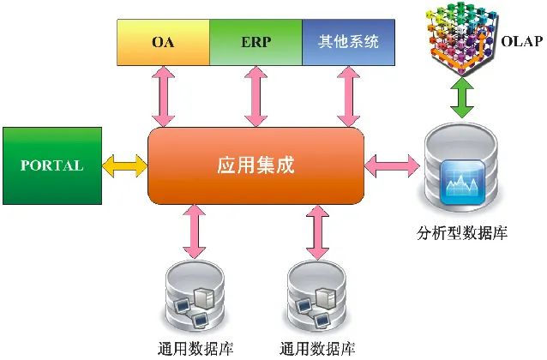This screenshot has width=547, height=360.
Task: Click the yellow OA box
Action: [162, 43]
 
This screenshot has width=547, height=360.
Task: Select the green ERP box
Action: [255, 43]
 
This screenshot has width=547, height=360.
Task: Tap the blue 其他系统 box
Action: [347, 43]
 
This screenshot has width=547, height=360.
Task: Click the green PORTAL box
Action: [51, 165]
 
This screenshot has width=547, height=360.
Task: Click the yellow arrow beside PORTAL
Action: [125, 165]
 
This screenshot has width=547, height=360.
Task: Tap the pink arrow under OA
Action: [162, 96]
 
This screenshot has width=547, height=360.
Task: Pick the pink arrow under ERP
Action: [255, 96]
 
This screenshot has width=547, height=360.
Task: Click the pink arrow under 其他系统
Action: [347, 96]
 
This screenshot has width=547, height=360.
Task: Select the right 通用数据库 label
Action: [317, 349]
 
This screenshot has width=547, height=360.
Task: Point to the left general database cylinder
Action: [193, 299]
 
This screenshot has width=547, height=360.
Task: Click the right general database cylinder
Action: [317, 299]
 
